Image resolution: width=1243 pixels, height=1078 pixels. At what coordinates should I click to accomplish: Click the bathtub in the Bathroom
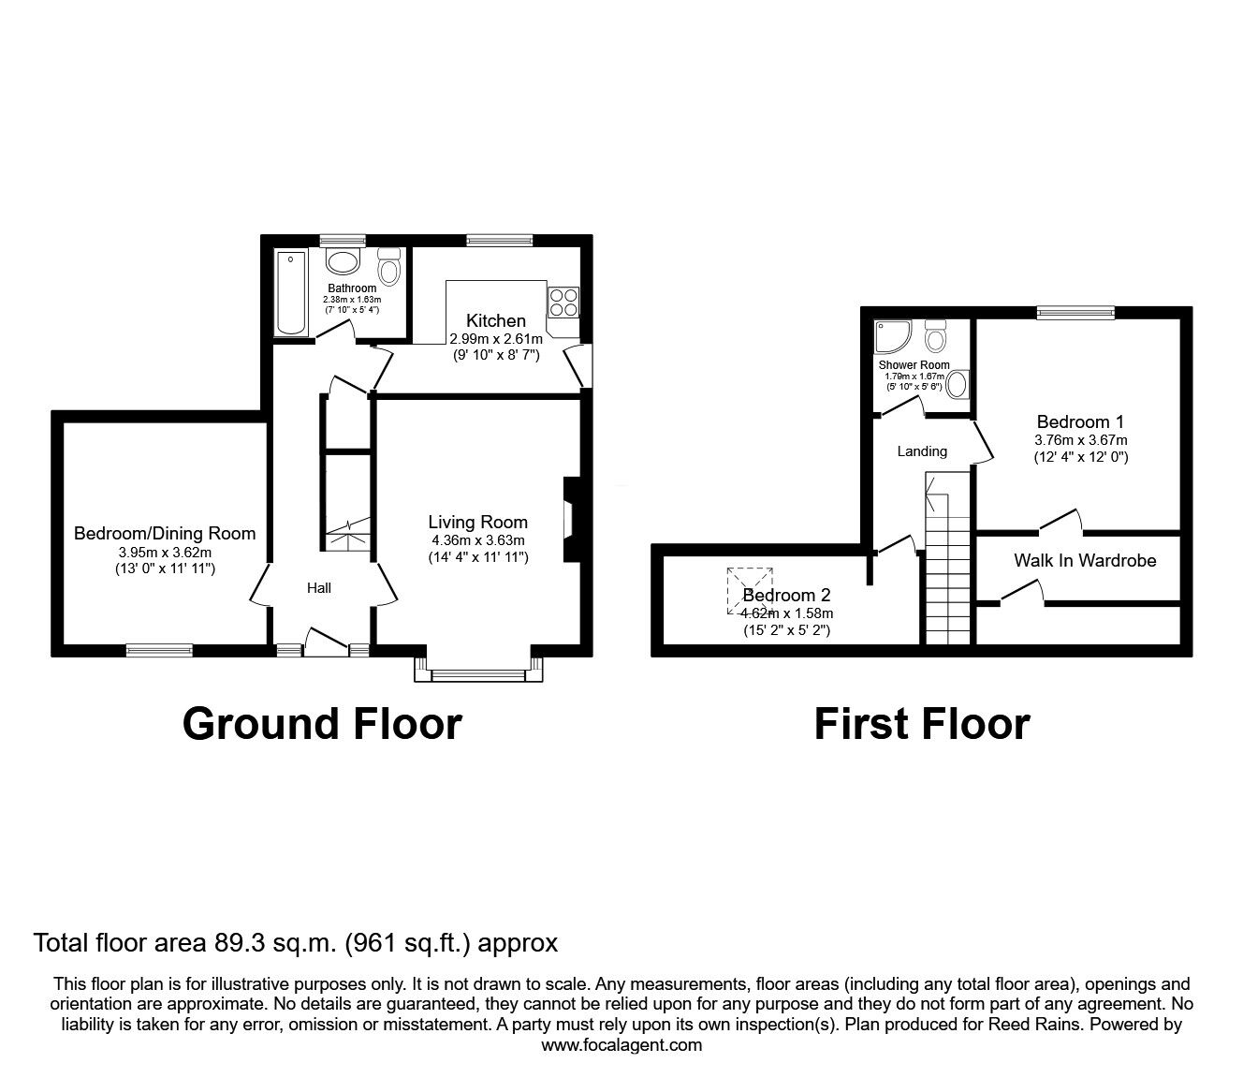[x=292, y=292]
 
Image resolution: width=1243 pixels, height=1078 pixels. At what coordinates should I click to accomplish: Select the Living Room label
[x=477, y=523]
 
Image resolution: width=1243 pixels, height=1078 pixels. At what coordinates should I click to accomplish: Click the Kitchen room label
[x=496, y=320]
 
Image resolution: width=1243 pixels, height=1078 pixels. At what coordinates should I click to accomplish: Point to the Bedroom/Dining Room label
[x=165, y=534]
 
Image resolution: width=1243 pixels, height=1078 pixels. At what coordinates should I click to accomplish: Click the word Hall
[x=319, y=588]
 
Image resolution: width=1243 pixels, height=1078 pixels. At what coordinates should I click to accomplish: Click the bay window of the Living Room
[x=478, y=672]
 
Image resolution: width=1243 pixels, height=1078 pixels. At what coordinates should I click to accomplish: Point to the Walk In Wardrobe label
[x=1085, y=561]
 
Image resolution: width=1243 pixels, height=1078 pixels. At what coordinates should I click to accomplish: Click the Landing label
[x=922, y=451]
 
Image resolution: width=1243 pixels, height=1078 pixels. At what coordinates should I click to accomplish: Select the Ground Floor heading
[x=322, y=724]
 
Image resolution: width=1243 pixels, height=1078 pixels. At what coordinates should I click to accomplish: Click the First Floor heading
[x=922, y=724]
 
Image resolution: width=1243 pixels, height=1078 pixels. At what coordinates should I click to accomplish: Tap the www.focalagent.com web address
[x=621, y=1045]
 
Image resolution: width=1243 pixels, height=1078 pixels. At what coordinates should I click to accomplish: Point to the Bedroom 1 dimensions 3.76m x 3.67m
[x=1080, y=440]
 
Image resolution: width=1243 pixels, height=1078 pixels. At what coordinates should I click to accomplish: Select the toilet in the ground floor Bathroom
[x=388, y=266]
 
